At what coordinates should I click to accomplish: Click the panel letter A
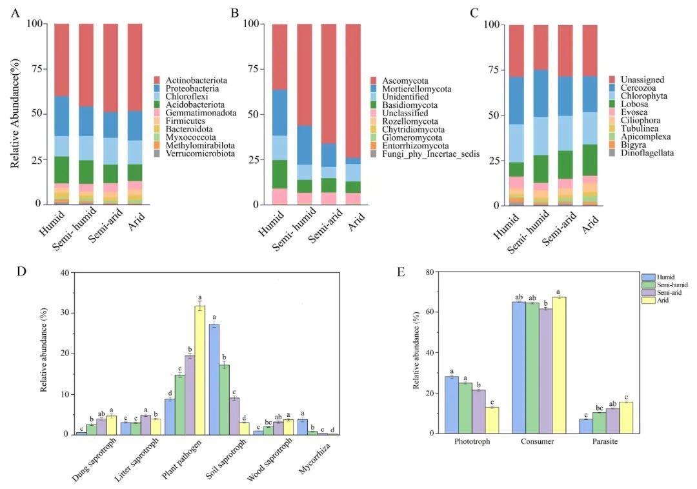pyautogui.click(x=15, y=12)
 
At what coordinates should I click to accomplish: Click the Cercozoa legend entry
pyautogui.click(x=630, y=88)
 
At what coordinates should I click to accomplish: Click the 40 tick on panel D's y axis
pyautogui.click(x=65, y=273)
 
